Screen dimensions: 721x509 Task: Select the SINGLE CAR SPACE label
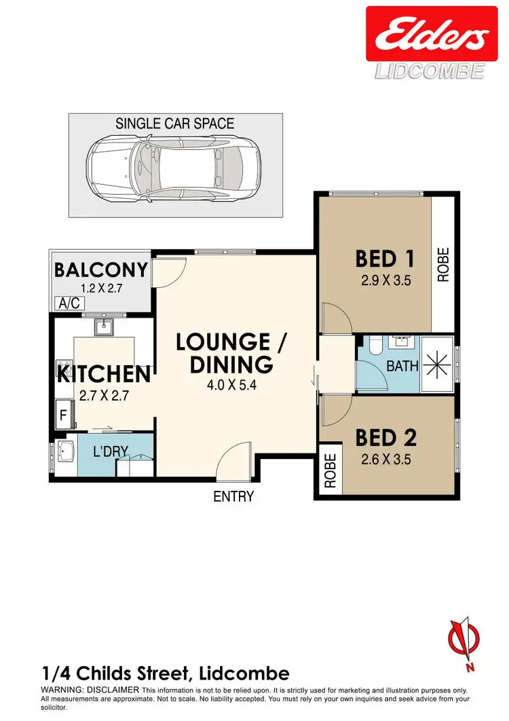[174, 124]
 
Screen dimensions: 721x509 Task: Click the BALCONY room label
[100, 270]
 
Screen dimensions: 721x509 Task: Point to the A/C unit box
[68, 303]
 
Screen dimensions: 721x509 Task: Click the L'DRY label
[111, 450]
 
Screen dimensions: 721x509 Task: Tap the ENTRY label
[233, 496]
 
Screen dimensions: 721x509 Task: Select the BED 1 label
[385, 259]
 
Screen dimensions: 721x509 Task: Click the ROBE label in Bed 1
[443, 265]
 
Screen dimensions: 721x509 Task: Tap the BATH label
[402, 367]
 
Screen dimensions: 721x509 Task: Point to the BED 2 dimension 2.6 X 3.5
[385, 458]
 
